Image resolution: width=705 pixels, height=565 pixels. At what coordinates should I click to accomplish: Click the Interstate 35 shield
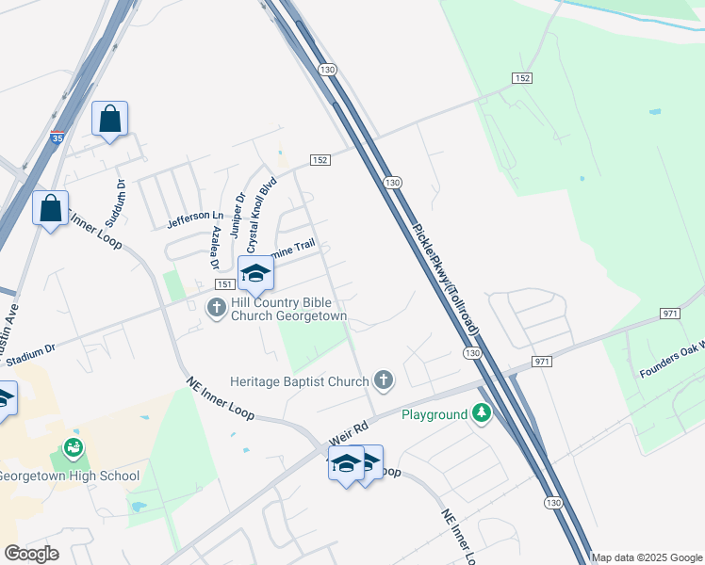58,137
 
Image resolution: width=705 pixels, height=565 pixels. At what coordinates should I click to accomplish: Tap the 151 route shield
224,284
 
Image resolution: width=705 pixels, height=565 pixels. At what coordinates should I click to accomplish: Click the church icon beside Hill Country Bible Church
217,307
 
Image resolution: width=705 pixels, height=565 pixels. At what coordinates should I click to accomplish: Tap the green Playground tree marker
482,414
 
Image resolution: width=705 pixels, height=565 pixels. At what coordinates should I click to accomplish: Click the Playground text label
434,414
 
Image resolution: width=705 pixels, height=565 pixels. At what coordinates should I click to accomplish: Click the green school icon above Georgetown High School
74,448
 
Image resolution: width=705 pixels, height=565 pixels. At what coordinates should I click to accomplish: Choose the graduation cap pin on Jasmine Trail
254,274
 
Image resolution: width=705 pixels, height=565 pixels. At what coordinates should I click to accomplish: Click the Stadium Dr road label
30,355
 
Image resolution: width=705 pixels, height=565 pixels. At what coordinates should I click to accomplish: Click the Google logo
31,554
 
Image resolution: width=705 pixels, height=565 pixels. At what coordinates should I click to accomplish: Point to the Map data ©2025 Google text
648,557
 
